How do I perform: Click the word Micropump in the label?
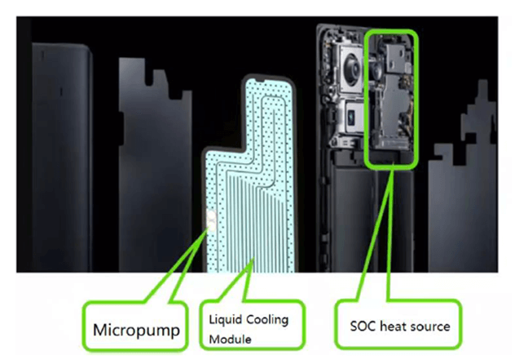[x=135, y=330]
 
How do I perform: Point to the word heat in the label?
[x=394, y=326]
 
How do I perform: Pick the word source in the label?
[x=432, y=326]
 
